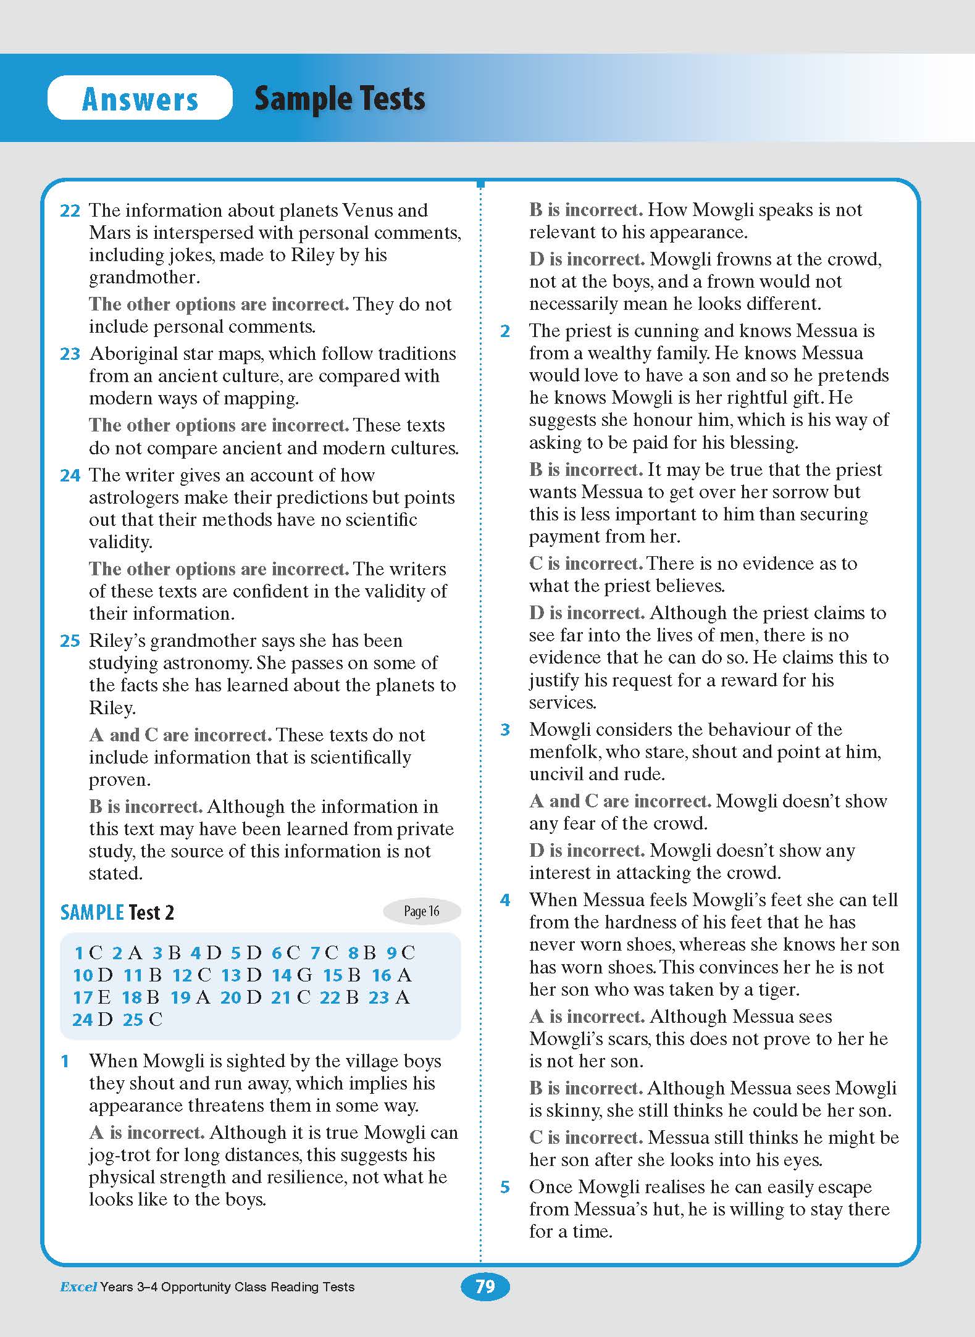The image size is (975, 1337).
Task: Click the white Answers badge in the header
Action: [140, 98]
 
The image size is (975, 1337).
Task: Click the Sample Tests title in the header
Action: [340, 99]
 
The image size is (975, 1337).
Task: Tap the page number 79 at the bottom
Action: [485, 1286]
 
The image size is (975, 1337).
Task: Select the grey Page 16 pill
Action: [422, 911]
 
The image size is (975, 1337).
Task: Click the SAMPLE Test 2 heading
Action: [117, 912]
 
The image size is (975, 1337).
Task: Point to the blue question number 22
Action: [70, 211]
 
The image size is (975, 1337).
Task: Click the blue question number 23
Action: [70, 354]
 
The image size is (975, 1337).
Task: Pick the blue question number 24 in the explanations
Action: [70, 476]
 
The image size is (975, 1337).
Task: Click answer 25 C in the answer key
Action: [143, 1020]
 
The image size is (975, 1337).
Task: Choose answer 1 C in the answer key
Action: [88, 953]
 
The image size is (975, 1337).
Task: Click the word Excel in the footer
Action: [78, 1287]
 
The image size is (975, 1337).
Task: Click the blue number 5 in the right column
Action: [505, 1187]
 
